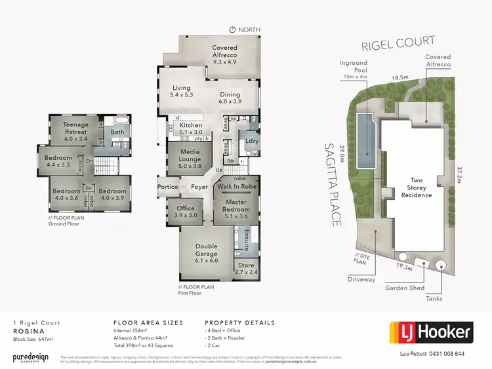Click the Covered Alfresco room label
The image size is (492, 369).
(x=224, y=52)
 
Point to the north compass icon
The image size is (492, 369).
(x=233, y=29)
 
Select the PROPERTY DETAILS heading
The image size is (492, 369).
(x=240, y=323)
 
